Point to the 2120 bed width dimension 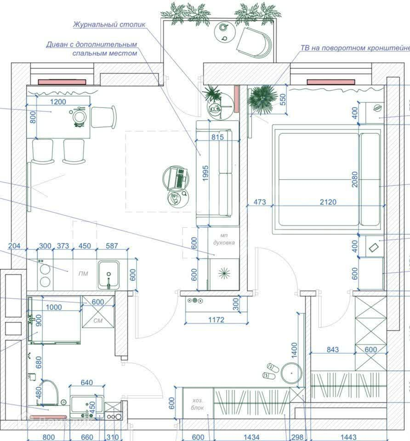328,202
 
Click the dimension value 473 260,202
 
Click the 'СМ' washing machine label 97,320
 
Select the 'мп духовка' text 224,239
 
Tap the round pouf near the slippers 290,373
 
